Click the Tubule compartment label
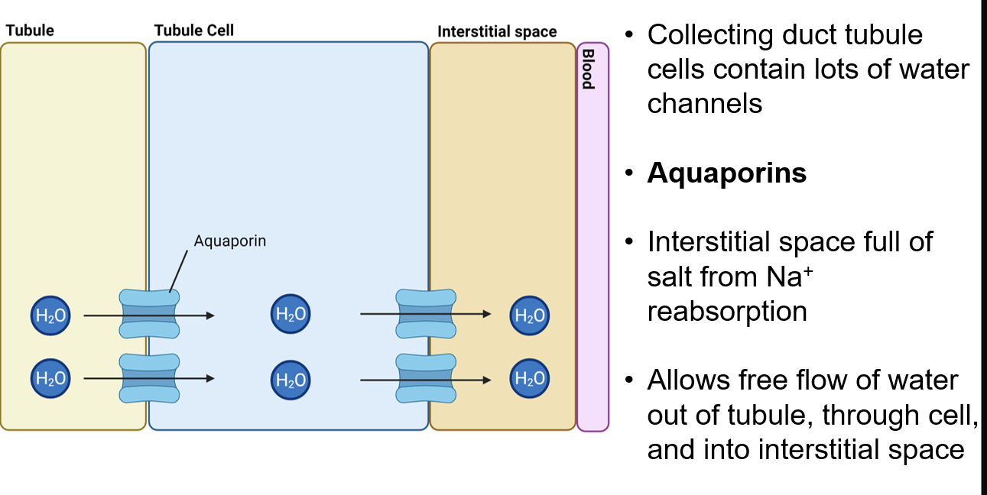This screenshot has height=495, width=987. click(30, 31)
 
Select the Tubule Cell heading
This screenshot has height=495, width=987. click(194, 31)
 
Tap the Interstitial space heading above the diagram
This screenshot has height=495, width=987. click(497, 31)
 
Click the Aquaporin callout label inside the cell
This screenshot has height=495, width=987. click(230, 241)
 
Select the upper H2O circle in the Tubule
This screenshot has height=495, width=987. click(50, 315)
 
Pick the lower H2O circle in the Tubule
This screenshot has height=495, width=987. click(50, 377)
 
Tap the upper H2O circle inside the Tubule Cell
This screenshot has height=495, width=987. click(291, 314)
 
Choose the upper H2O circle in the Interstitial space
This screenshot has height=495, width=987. click(530, 315)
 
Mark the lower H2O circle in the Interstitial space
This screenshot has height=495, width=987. click(530, 377)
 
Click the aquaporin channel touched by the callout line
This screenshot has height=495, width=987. click(149, 313)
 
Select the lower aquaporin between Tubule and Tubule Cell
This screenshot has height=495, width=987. click(149, 377)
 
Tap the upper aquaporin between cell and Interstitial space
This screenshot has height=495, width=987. click(426, 313)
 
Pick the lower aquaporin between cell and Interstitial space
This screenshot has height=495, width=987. click(426, 377)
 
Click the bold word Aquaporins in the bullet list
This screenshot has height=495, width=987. click(727, 173)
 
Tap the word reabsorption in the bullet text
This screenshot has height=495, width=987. click(727, 312)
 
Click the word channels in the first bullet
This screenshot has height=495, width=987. click(705, 103)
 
